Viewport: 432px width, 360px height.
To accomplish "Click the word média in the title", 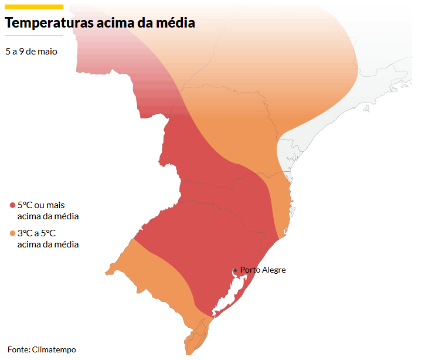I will click(x=174, y=23).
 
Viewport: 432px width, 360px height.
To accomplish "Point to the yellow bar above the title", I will click(x=33, y=6).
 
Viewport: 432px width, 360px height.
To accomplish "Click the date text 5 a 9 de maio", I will click(x=31, y=52).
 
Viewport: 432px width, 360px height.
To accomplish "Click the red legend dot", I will click(x=12, y=205).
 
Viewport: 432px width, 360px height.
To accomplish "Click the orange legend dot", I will click(x=12, y=233).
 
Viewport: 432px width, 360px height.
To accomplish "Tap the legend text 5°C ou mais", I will click(x=41, y=205).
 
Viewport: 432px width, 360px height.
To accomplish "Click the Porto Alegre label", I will click(x=263, y=270).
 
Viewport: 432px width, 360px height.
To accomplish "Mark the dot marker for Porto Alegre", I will click(x=235, y=270).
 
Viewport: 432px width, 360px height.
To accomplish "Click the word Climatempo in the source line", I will click(x=54, y=349).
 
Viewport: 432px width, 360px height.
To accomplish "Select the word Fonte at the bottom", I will click(x=18, y=349).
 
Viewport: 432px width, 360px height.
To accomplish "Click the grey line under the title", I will click(x=33, y=36).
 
